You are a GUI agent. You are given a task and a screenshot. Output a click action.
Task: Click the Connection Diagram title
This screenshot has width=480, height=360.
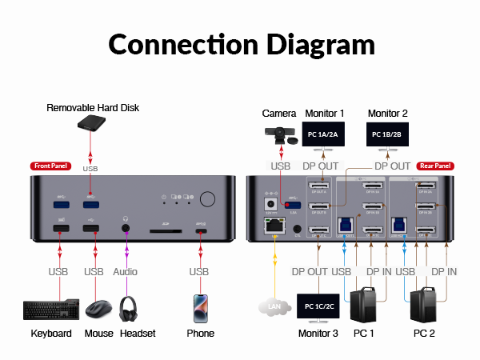(240, 44)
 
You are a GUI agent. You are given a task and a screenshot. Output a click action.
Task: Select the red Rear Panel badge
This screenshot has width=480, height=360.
(435, 166)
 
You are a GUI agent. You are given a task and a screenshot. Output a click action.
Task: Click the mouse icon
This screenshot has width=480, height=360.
(98, 309)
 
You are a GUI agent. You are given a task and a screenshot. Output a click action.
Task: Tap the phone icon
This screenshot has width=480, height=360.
(200, 308)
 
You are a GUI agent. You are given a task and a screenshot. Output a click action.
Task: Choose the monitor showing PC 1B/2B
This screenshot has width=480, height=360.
(387, 135)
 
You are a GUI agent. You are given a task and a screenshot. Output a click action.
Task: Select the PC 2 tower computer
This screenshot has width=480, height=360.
(424, 305)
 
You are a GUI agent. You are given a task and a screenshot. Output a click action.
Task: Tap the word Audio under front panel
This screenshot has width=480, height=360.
(125, 272)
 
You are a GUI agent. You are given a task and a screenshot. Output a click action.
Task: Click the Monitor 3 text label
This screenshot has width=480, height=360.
(318, 333)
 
